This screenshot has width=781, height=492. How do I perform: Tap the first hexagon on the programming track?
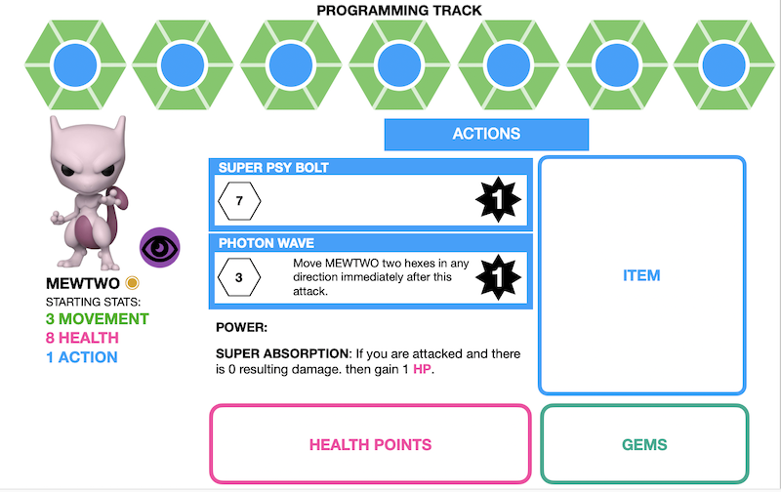(x=72, y=66)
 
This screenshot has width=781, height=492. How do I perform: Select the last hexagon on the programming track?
(x=722, y=66)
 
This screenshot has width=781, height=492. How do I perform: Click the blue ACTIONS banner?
(x=486, y=134)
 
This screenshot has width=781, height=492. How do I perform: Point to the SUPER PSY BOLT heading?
(x=273, y=168)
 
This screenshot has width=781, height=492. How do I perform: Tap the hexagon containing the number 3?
(x=240, y=277)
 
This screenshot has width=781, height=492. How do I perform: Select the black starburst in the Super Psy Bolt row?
(x=498, y=202)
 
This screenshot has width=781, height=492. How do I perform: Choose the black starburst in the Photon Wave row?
(x=498, y=278)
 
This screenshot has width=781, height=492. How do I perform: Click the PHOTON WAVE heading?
(x=266, y=243)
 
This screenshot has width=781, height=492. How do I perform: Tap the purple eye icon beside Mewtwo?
(x=159, y=249)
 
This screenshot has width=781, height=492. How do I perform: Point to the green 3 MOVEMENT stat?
(x=97, y=319)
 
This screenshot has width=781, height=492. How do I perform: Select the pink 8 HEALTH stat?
(x=82, y=338)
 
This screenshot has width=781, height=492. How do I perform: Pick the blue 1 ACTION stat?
(x=82, y=357)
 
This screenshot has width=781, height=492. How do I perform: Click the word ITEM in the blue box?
(x=641, y=276)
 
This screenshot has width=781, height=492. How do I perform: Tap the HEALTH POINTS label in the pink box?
(x=370, y=445)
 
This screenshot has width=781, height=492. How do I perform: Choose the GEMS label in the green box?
(x=644, y=445)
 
